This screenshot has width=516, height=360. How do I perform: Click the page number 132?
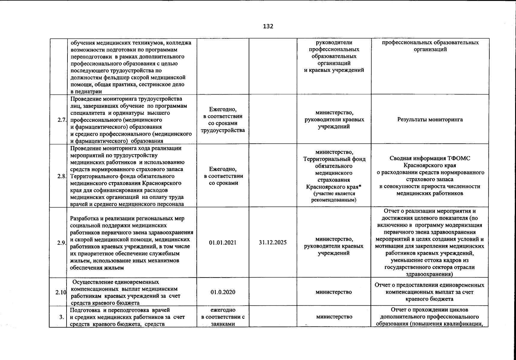tap(268, 26)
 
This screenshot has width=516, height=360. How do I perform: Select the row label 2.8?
tap(62, 176)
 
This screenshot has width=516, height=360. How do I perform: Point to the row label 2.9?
tap(62, 243)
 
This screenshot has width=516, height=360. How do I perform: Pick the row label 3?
tap(61, 317)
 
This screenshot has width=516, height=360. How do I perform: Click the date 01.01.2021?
tap(223, 242)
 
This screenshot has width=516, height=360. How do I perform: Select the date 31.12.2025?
tap(273, 242)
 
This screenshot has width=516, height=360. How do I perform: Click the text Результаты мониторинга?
tap(430, 120)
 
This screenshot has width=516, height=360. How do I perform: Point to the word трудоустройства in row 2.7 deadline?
tap(223, 130)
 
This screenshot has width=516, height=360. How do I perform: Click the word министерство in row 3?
tap(334, 317)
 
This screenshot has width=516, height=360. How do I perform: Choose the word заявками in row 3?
tap(223, 324)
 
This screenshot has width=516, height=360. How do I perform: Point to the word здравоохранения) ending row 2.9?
tap(429, 274)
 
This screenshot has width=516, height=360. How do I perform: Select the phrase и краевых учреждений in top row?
tap(334, 70)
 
